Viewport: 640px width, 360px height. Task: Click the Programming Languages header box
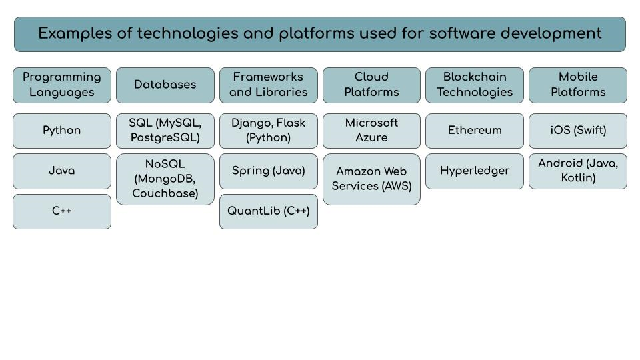(x=62, y=85)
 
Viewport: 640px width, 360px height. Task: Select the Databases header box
(x=165, y=85)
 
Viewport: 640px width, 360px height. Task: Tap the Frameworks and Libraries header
(x=269, y=85)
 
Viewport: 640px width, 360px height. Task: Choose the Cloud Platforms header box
(x=371, y=85)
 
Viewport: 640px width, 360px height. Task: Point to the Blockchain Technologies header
(x=475, y=85)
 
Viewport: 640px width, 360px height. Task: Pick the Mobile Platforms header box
(x=578, y=85)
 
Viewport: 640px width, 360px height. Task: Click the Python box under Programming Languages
(x=62, y=131)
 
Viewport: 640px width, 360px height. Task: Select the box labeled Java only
(x=62, y=171)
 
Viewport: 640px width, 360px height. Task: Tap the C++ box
(x=62, y=211)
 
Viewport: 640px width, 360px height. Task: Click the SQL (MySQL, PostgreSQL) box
(x=165, y=131)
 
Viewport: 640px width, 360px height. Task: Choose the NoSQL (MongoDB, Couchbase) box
(x=165, y=179)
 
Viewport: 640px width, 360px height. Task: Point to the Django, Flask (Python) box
(x=269, y=131)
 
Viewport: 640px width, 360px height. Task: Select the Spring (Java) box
(x=269, y=171)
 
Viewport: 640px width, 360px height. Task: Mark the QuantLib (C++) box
(x=269, y=211)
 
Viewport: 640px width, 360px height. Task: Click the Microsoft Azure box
(x=371, y=131)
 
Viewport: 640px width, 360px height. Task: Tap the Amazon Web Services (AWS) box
(x=371, y=179)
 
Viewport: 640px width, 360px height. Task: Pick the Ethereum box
(x=475, y=131)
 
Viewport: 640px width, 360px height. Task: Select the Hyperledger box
(x=475, y=171)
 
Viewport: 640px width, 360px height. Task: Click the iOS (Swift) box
(x=578, y=131)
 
